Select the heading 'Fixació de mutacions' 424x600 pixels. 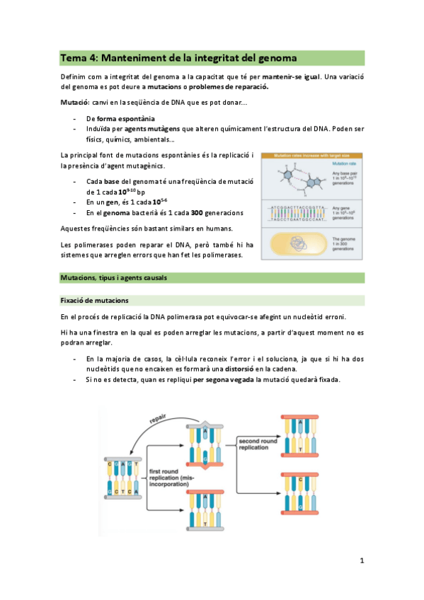(x=94, y=301)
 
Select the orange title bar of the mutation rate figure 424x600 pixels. (x=312, y=155)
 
